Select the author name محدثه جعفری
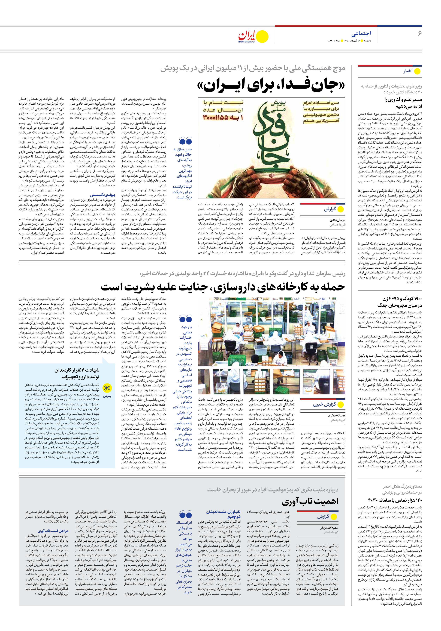(x=337, y=415)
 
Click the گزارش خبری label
(x=324, y=404)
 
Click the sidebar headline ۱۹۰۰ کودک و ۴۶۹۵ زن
(x=400, y=302)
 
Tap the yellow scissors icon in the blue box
(x=107, y=388)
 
